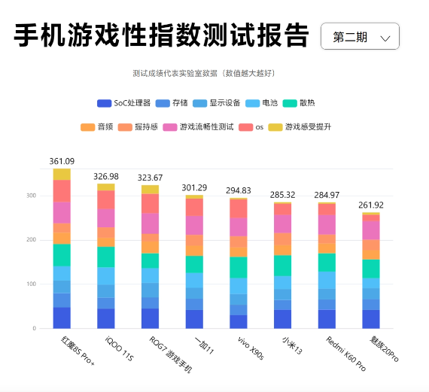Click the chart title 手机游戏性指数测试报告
[161, 35]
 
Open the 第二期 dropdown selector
[360, 36]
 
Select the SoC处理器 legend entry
[124, 103]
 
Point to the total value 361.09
[62, 161]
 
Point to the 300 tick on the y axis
[32, 196]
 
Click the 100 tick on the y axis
[32, 284]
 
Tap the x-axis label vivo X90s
[251, 350]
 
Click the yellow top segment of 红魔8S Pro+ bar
[62, 174]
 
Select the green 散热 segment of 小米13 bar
[283, 266]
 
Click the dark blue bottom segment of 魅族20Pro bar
[371, 319]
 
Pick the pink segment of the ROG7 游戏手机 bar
[151, 223]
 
